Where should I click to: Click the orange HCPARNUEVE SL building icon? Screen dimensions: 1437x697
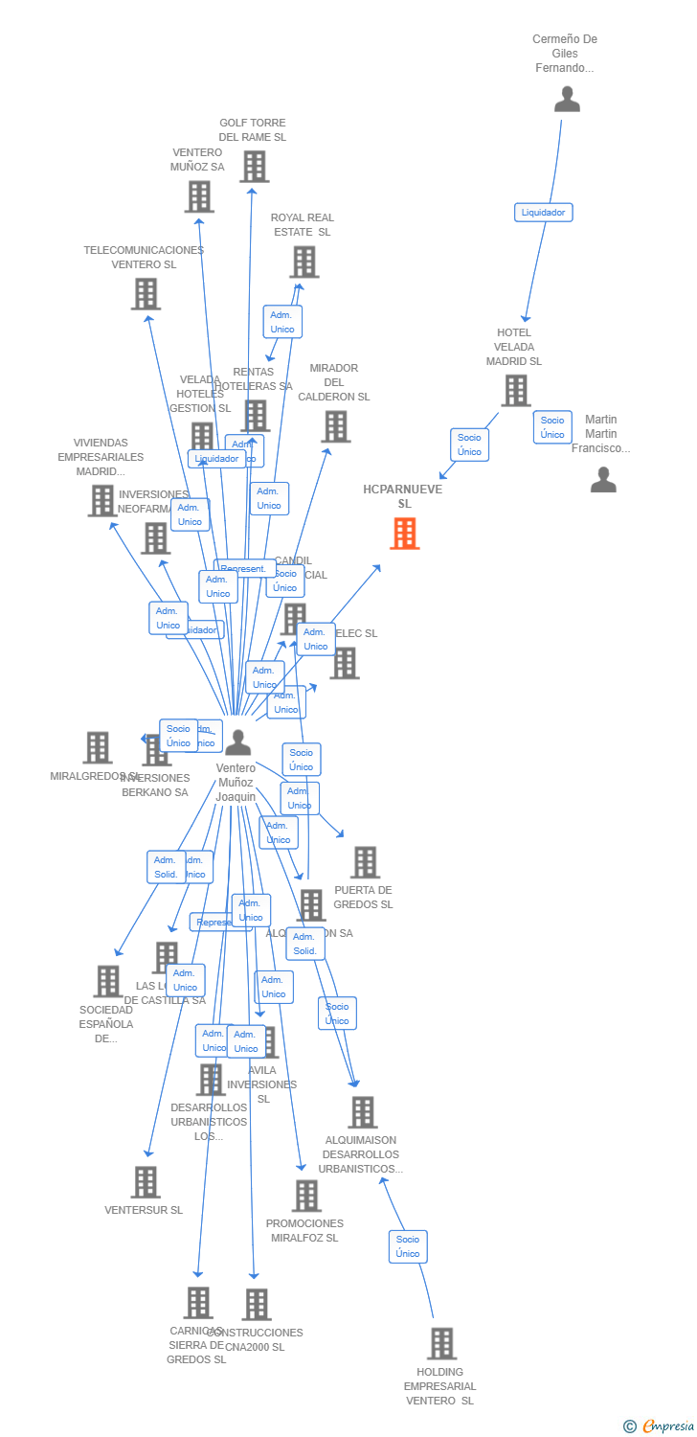[405, 534]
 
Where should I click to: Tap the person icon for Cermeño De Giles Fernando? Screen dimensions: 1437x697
[567, 99]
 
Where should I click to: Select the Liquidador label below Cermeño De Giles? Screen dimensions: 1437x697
[543, 213]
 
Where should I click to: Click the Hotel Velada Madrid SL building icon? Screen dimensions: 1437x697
[516, 390]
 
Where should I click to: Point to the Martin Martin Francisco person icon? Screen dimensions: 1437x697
[603, 479]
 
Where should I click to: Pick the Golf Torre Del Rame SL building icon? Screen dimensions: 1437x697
[254, 166]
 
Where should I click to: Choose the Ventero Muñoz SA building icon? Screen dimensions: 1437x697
[199, 196]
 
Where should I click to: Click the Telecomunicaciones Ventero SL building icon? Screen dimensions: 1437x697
[146, 293]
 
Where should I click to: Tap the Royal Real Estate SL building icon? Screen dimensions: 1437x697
[304, 262]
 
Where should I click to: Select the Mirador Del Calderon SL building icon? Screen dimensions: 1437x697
[335, 426]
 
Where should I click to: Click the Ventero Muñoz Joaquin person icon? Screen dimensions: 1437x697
[237, 742]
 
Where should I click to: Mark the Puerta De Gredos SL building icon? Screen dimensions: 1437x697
[365, 862]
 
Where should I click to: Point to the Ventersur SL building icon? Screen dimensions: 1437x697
[146, 1182]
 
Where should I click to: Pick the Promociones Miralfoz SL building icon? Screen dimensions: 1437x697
[306, 1196]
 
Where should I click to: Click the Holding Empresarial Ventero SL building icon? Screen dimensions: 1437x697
[441, 1343]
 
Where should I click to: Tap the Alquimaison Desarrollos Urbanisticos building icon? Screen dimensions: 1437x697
[362, 1112]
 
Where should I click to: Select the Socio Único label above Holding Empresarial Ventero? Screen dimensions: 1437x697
[408, 1246]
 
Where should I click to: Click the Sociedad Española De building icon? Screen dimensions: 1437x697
[108, 981]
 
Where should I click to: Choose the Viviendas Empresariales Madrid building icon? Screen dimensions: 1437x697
[102, 500]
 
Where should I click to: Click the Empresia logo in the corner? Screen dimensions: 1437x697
[660, 1426]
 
